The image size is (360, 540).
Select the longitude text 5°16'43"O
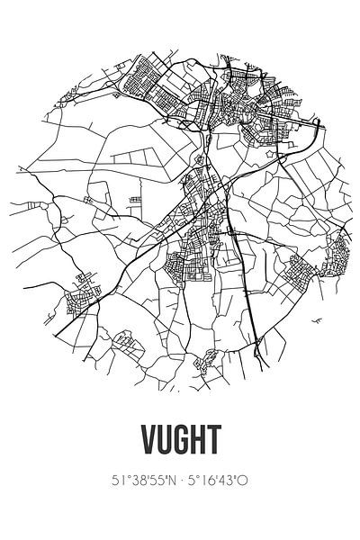click(219, 481)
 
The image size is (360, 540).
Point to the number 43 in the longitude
click(229, 481)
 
